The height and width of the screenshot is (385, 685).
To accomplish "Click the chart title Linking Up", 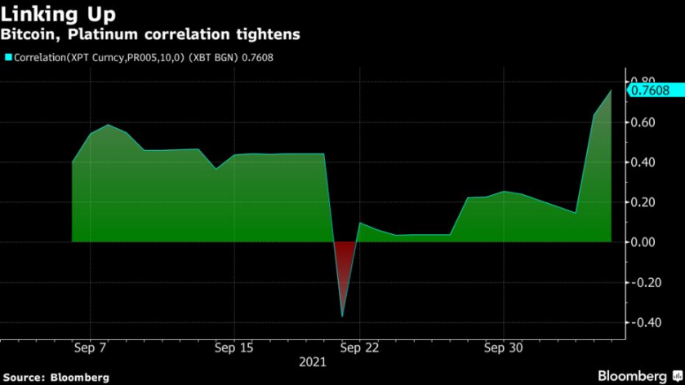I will pyautogui.click(x=58, y=15).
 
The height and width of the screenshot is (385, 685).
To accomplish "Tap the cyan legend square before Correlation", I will pyautogui.click(x=8, y=58).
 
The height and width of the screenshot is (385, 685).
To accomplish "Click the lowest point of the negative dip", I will pyautogui.click(x=342, y=316).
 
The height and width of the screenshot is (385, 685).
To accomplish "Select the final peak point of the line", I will pyautogui.click(x=611, y=91).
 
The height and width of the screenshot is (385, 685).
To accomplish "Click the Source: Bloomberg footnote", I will pyautogui.click(x=55, y=377).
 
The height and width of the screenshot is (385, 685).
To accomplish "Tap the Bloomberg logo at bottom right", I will pyautogui.click(x=638, y=375).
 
